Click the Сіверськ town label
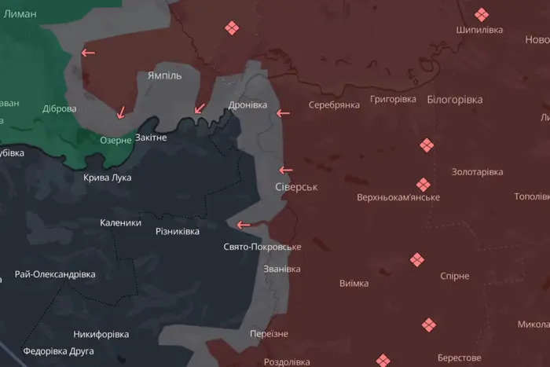point(296,188)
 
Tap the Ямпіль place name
point(164,75)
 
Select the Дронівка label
point(247,105)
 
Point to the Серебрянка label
point(334,105)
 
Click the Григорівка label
point(393,99)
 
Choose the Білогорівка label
point(455,100)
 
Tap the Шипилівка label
point(479,30)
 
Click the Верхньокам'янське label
point(398,197)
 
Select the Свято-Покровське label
point(262,247)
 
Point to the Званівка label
point(281,269)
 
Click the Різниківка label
point(178,231)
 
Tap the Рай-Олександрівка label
point(55,274)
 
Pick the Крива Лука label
point(108,178)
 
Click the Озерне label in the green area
point(115,140)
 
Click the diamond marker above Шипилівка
point(481,14)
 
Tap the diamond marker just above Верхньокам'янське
point(423,185)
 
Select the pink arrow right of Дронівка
point(283,114)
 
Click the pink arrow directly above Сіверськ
point(286,170)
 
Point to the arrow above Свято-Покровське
point(244,225)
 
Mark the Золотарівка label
point(477,171)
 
